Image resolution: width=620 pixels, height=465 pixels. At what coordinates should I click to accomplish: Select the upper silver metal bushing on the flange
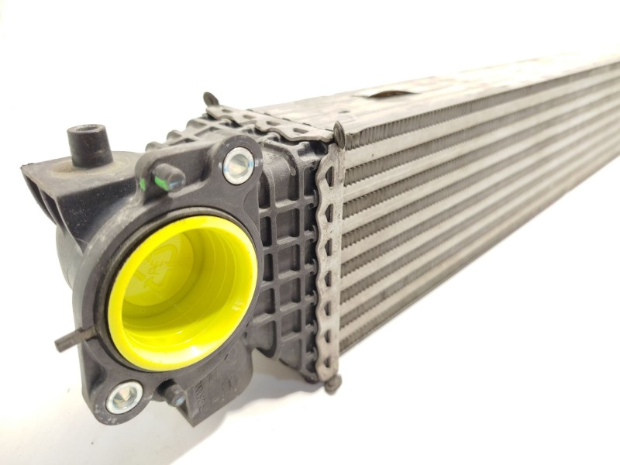238,164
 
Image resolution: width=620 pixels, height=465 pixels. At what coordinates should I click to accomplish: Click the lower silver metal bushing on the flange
125,397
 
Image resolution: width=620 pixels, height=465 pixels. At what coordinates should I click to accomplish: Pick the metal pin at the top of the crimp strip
339,132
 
